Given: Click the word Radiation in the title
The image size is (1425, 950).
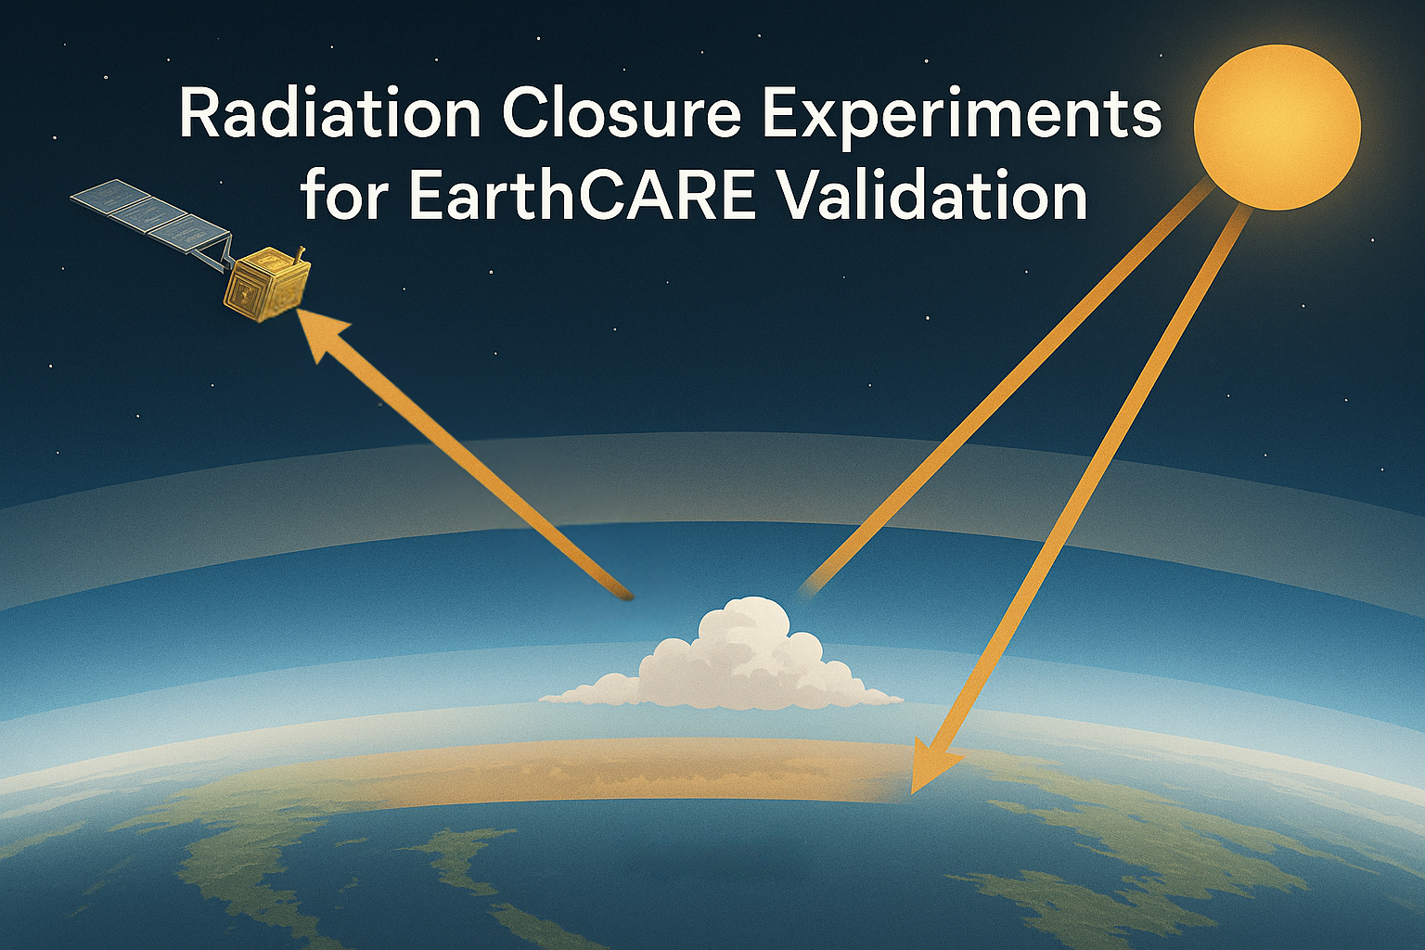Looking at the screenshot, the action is coord(329,116).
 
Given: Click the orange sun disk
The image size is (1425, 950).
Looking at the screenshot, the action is coord(1277,127).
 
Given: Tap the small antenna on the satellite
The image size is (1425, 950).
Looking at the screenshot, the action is coord(297,256).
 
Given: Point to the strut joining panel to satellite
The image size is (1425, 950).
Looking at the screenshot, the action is coord(213,253).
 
